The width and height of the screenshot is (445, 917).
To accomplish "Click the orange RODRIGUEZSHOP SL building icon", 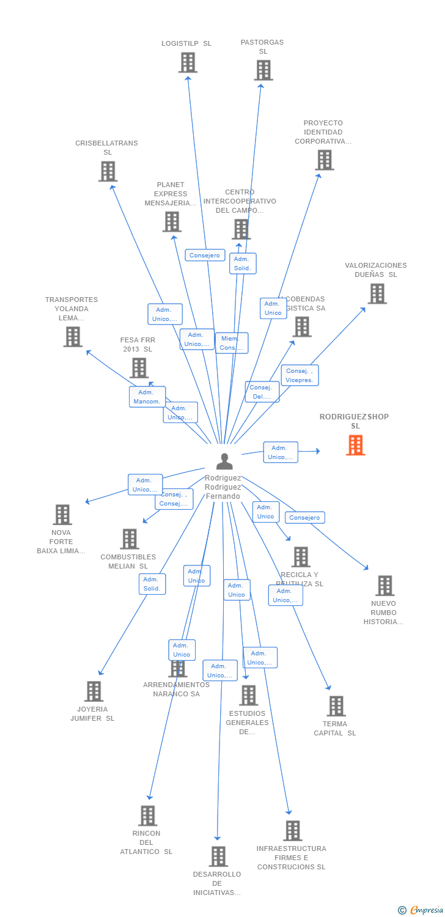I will pyautogui.click(x=355, y=445).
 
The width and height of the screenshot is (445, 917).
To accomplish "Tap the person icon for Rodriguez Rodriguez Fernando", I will pyautogui.click(x=224, y=462).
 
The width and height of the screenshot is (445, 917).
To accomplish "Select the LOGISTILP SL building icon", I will pyautogui.click(x=188, y=62).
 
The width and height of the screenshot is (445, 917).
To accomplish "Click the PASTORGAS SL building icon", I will pyautogui.click(x=263, y=70).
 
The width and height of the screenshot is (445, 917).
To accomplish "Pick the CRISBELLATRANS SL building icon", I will pyautogui.click(x=108, y=171).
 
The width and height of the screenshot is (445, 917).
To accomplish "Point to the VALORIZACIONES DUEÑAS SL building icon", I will pyautogui.click(x=377, y=293).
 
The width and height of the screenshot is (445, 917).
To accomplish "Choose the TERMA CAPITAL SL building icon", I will pyautogui.click(x=336, y=706).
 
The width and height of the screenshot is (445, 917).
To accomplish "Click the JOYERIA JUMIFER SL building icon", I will pyautogui.click(x=94, y=691).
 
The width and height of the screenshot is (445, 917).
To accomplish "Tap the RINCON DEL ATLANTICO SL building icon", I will pyautogui.click(x=147, y=816).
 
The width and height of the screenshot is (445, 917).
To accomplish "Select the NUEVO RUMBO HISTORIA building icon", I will pyautogui.click(x=384, y=586).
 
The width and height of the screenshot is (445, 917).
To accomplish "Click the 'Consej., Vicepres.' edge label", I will pyautogui.click(x=300, y=375).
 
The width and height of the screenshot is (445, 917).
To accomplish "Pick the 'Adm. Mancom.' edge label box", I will pyautogui.click(x=147, y=397).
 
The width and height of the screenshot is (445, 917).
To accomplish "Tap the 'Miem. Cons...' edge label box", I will pyautogui.click(x=231, y=343).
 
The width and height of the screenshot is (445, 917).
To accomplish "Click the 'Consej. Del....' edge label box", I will pyautogui.click(x=262, y=392).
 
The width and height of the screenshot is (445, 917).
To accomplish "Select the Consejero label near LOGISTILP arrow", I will pyautogui.click(x=205, y=256).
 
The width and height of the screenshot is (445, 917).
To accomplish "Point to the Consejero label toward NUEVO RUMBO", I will pyautogui.click(x=304, y=518).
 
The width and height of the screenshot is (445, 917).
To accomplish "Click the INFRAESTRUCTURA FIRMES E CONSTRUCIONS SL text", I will pyautogui.click(x=292, y=857).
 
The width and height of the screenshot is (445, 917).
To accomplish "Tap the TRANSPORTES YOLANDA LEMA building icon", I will pyautogui.click(x=73, y=336).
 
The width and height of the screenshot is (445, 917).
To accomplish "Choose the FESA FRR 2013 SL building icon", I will pyautogui.click(x=139, y=367).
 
